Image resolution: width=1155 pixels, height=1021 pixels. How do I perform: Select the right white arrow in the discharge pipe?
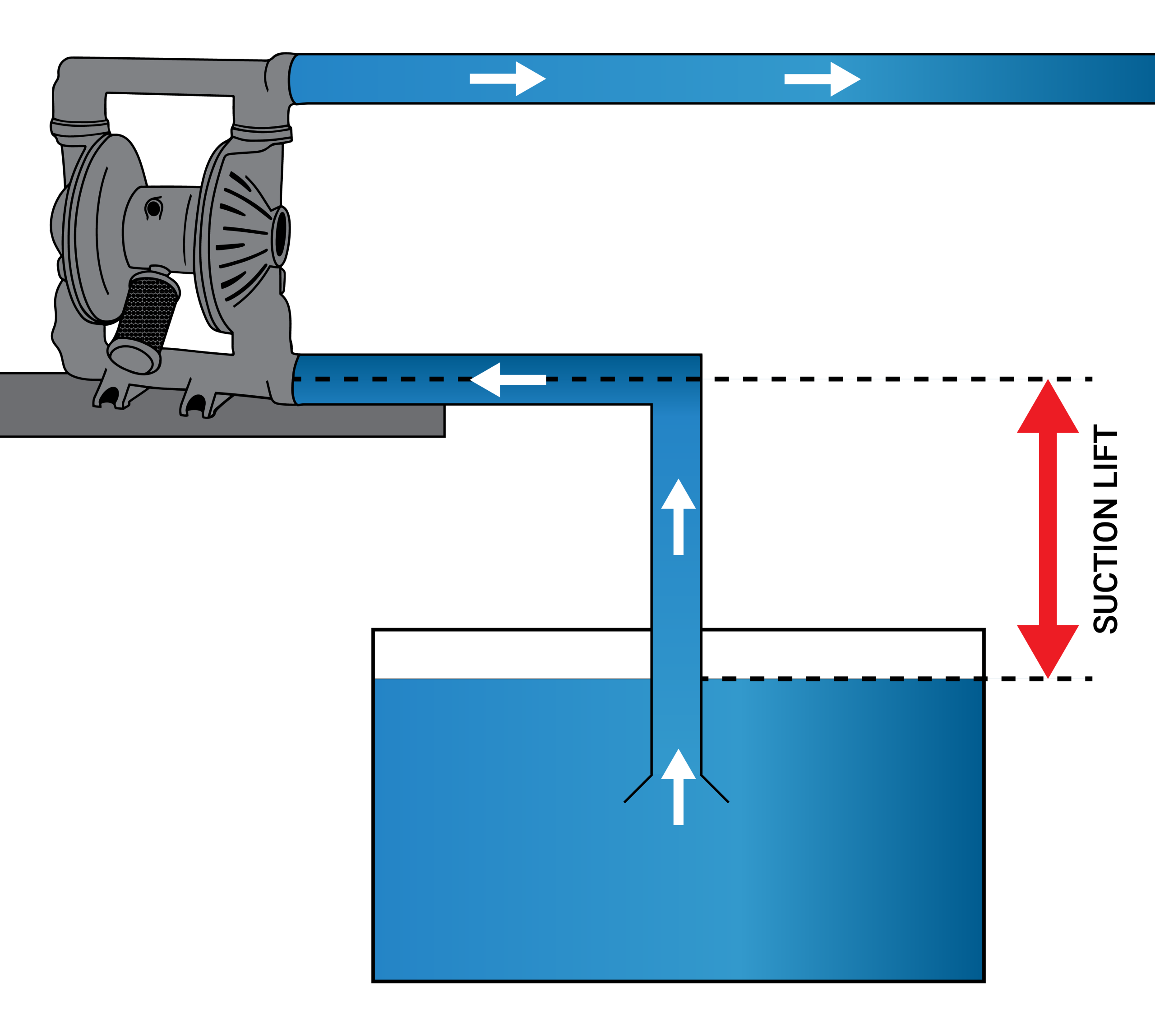pos(822,79)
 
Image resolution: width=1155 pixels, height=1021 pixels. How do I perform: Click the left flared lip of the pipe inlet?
pos(638,788)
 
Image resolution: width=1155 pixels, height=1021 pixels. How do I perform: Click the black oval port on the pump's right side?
pos(280,235)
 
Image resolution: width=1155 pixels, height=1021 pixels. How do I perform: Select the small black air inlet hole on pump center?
pos(153,208)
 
